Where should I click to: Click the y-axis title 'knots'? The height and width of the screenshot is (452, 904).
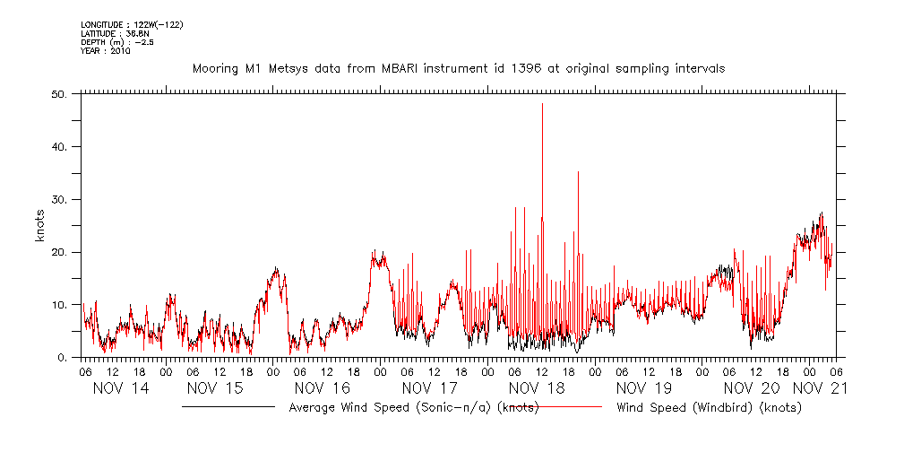click(41, 225)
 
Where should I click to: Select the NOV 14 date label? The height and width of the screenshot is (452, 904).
click(123, 388)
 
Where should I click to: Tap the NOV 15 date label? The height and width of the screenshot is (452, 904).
click(215, 388)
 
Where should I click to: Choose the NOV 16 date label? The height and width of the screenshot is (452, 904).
click(323, 388)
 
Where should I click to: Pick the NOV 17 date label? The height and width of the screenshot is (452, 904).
click(429, 388)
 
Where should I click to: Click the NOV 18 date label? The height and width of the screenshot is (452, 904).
click(537, 388)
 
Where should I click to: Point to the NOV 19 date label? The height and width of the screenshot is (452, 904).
click(644, 388)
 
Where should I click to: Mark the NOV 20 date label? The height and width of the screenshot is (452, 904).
click(751, 388)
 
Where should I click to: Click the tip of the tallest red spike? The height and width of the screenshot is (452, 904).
click(542, 104)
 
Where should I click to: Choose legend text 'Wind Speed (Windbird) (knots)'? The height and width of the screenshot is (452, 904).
click(709, 408)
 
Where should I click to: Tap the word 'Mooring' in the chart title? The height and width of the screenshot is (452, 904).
click(215, 68)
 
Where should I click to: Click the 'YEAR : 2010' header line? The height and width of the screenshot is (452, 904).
click(106, 51)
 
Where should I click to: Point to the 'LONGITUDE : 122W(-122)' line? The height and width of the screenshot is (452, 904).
click(132, 24)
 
